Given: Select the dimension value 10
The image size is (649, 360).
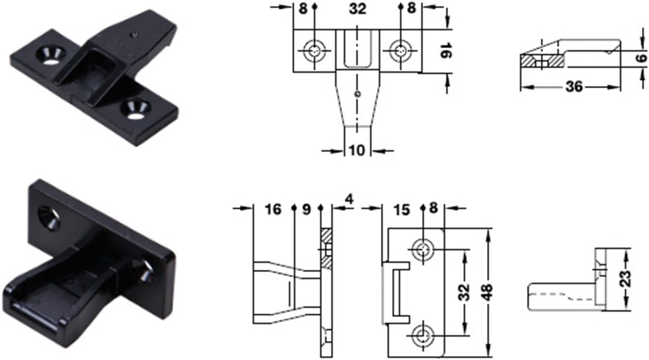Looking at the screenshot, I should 357,151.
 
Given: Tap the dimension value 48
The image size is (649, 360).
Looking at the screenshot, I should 488,292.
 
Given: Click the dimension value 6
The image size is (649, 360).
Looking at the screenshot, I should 642,57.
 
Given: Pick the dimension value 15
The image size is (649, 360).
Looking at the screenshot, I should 401,210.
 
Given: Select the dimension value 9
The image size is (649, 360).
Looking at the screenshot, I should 306,210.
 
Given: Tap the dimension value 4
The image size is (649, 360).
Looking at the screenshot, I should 349,199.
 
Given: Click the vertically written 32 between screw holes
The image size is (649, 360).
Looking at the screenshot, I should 464,292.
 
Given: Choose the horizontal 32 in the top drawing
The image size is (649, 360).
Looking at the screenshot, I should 358,9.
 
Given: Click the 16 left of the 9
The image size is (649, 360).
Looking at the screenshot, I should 273,210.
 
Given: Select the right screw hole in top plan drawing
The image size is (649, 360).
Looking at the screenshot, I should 401,51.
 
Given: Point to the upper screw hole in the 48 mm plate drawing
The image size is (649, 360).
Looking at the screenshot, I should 423,249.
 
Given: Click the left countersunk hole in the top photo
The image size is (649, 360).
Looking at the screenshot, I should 50,55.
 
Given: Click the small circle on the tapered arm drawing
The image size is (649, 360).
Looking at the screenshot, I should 358,93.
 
